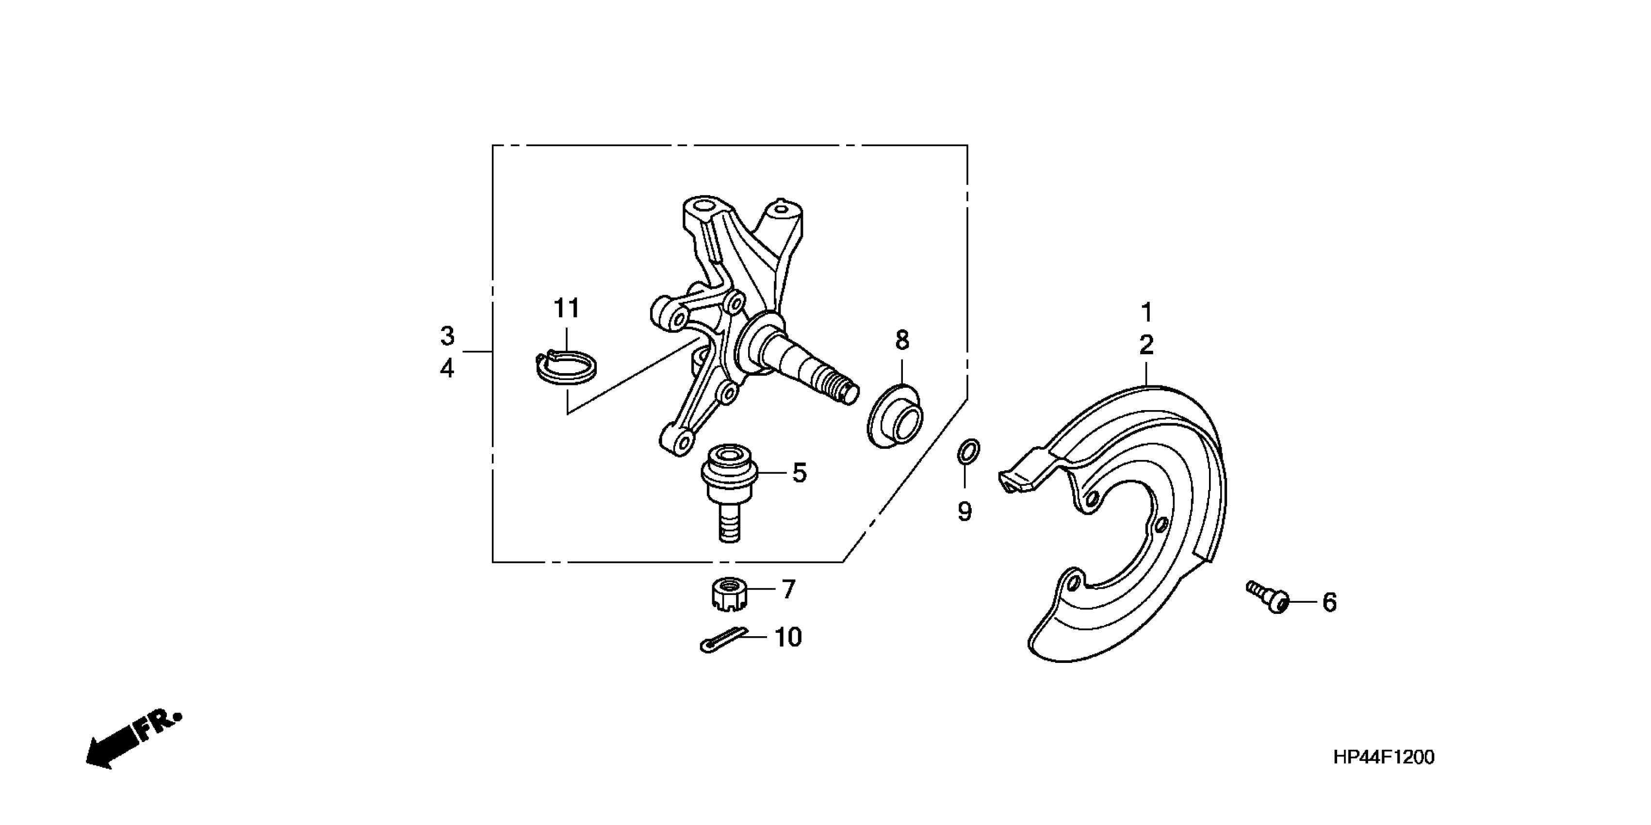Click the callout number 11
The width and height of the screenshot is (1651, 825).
coord(567,309)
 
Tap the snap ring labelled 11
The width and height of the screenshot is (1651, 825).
coord(567,369)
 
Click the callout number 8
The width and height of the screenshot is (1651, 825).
coord(902,340)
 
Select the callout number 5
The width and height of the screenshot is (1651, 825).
coord(799,473)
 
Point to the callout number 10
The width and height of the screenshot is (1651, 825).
coord(788,638)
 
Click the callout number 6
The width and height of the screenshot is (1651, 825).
coord(1329,603)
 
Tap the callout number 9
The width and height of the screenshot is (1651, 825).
coord(964,511)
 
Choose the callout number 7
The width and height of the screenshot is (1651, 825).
coord(788,589)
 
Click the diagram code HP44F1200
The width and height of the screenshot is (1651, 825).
coord(1384,757)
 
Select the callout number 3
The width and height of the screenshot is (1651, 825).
coord(447,336)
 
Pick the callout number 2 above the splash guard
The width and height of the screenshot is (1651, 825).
coord(1146,346)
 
